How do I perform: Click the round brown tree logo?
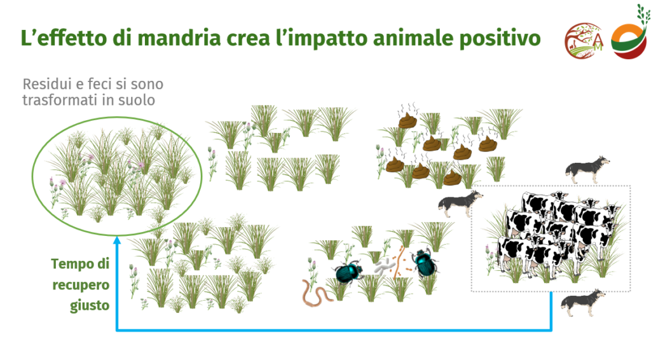point(584,41)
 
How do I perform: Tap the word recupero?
point(81,286)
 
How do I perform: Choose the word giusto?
point(90,305)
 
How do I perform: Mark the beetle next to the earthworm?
point(349,272)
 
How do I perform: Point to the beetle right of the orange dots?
point(425,263)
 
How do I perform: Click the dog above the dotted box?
point(587,169)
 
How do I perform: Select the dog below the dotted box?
point(583,303)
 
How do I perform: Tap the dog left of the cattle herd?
point(460,204)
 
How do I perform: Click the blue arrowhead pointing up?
point(117,240)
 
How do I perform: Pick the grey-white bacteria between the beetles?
point(385,267)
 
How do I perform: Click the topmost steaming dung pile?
point(408,120)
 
